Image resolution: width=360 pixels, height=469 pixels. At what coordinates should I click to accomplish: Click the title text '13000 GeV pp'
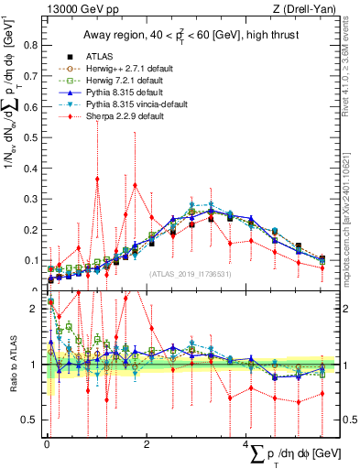pyautogui.click(x=71, y=10)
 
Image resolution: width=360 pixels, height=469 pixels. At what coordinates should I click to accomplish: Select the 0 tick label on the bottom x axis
pyautogui.click(x=47, y=444)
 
